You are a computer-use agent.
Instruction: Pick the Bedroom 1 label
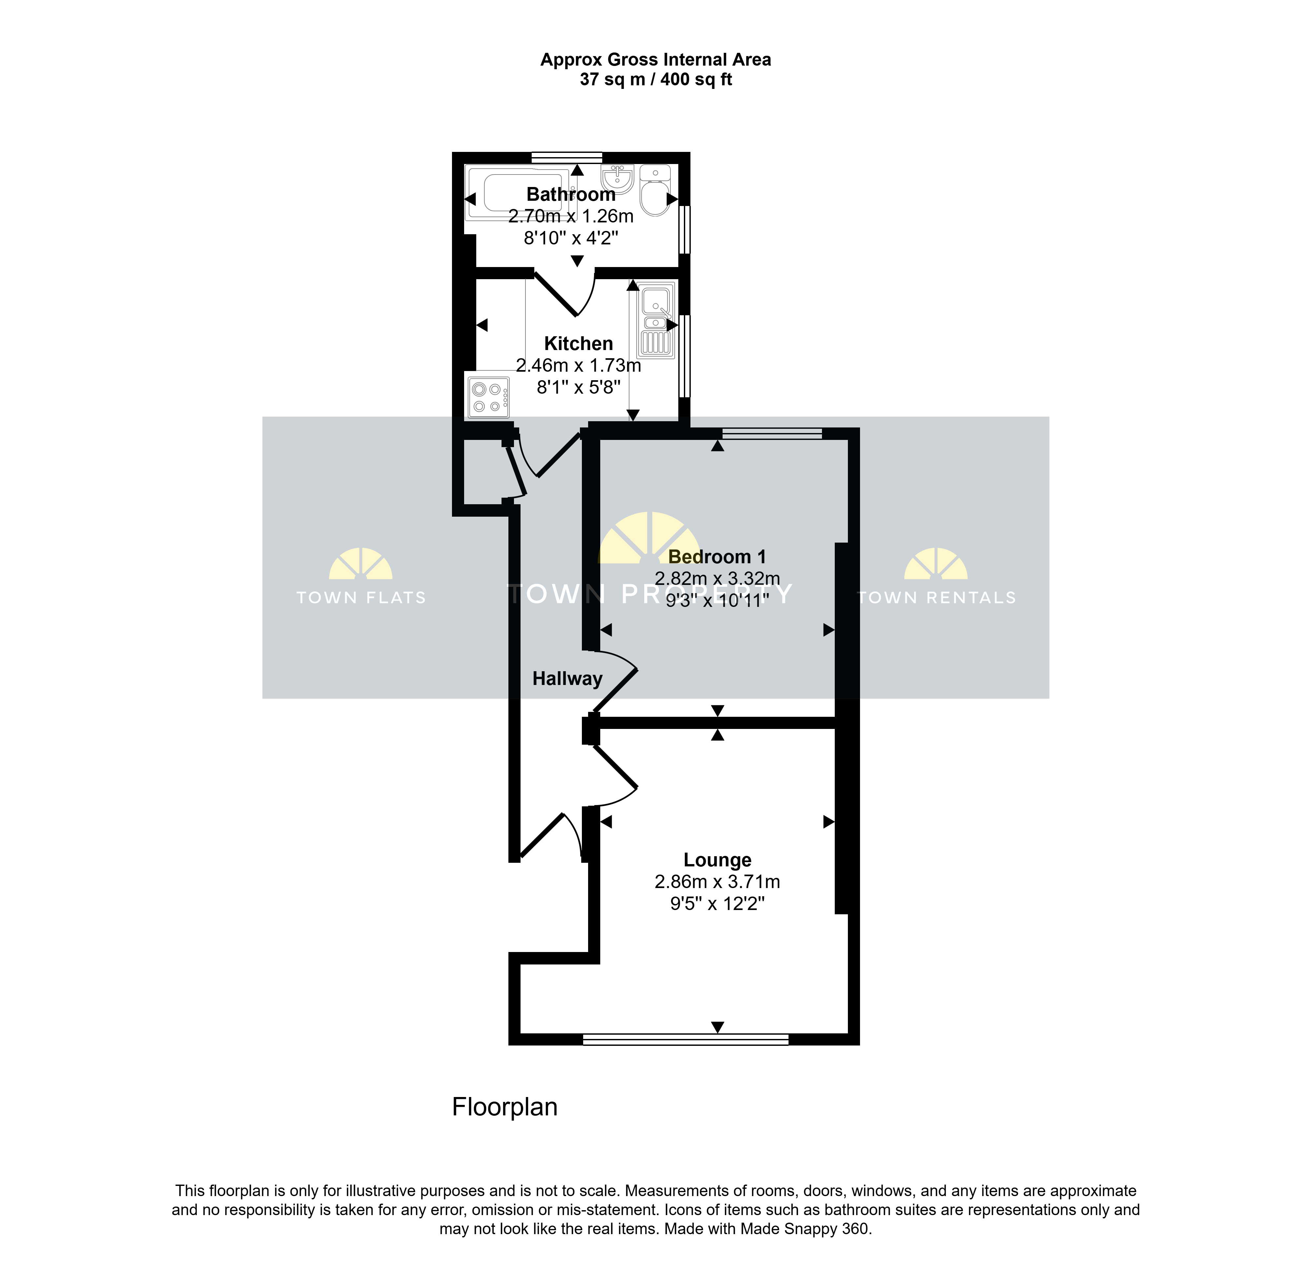[x=717, y=557]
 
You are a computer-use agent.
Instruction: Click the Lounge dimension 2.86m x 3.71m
[x=718, y=882]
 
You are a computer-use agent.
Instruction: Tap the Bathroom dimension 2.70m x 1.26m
[x=571, y=216]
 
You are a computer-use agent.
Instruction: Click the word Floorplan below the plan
[x=505, y=1107]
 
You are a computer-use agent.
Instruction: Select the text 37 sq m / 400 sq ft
[x=656, y=80]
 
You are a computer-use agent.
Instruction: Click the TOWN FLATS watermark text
[x=361, y=598]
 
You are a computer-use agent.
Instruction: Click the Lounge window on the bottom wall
[x=686, y=1040]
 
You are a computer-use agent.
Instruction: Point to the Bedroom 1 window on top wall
[x=772, y=434]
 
